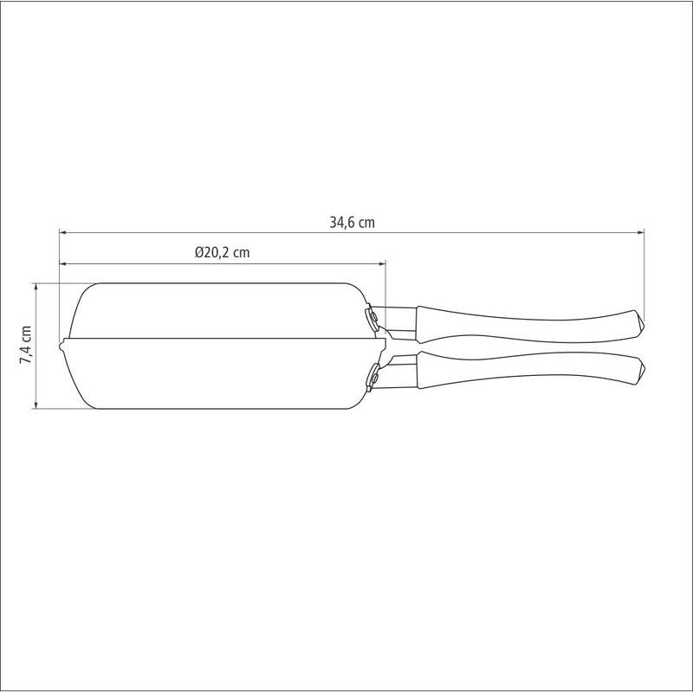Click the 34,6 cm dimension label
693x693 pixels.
pos(352,222)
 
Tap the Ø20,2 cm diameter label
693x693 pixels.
pos(223,252)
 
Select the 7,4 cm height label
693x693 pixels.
pos(26,345)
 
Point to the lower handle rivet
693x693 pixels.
pos(374,378)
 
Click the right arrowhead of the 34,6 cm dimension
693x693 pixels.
pos(640,231)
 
